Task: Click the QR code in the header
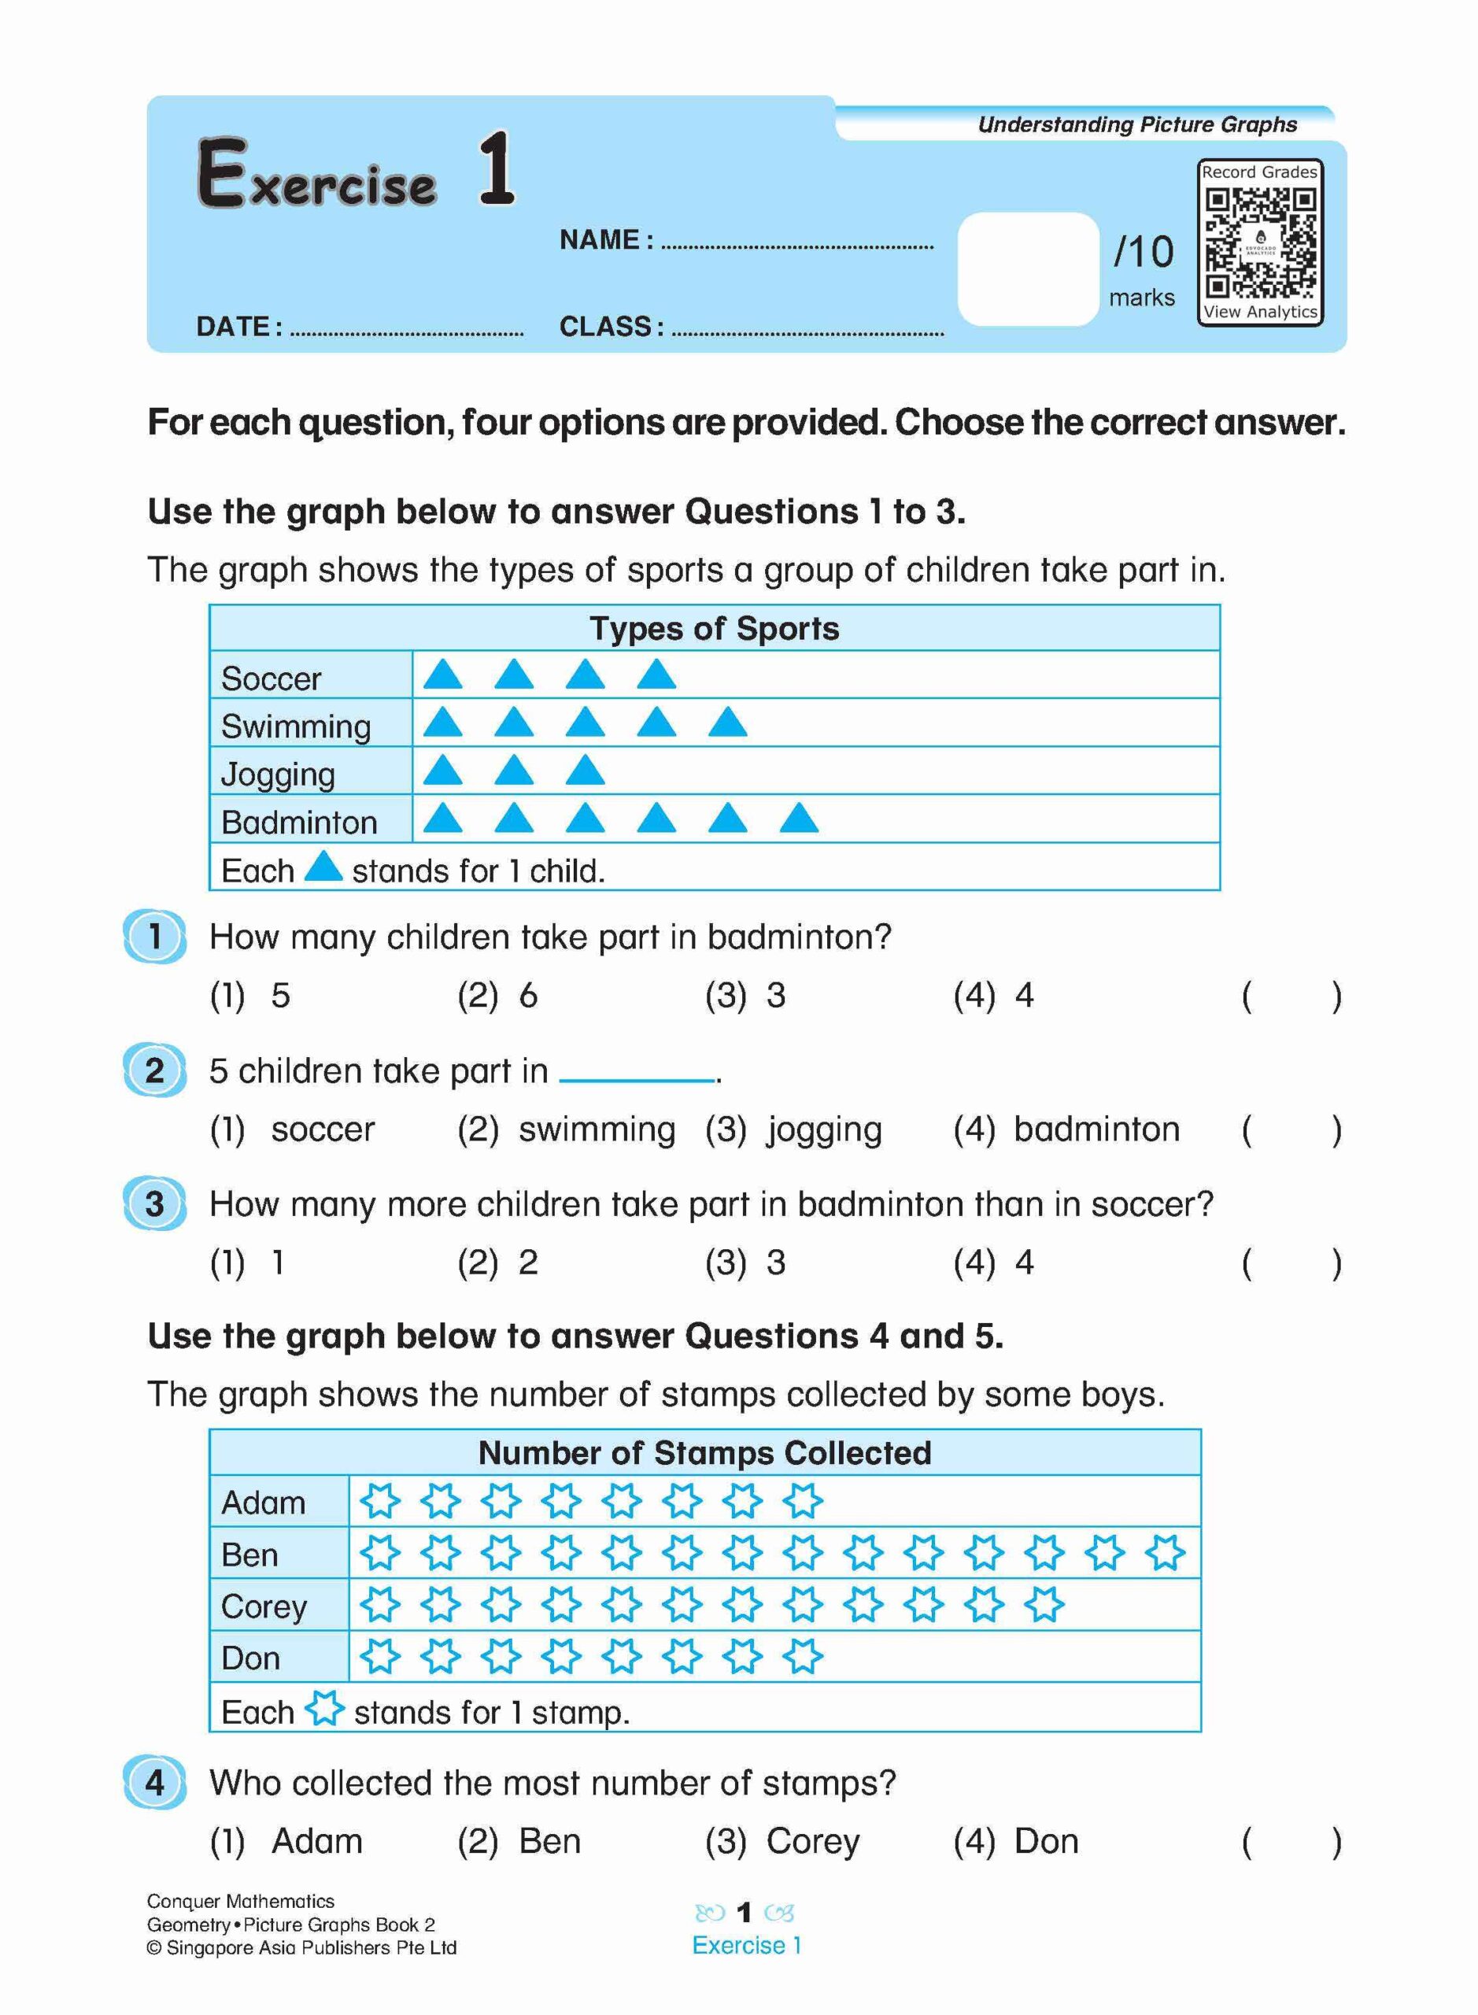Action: coord(1260,242)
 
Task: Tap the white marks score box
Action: coord(1027,268)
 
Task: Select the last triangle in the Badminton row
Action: coord(798,818)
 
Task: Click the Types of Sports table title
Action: coord(714,628)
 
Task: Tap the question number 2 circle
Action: coord(155,1070)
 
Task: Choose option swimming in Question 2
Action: coord(596,1130)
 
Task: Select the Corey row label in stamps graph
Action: coord(264,1606)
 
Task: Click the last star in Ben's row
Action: coord(1165,1552)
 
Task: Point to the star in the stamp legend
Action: coord(324,1708)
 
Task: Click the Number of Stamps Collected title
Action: coord(704,1452)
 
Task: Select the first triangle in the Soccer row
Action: coord(442,674)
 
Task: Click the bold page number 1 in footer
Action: coord(744,1912)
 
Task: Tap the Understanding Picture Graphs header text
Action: coord(1136,124)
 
